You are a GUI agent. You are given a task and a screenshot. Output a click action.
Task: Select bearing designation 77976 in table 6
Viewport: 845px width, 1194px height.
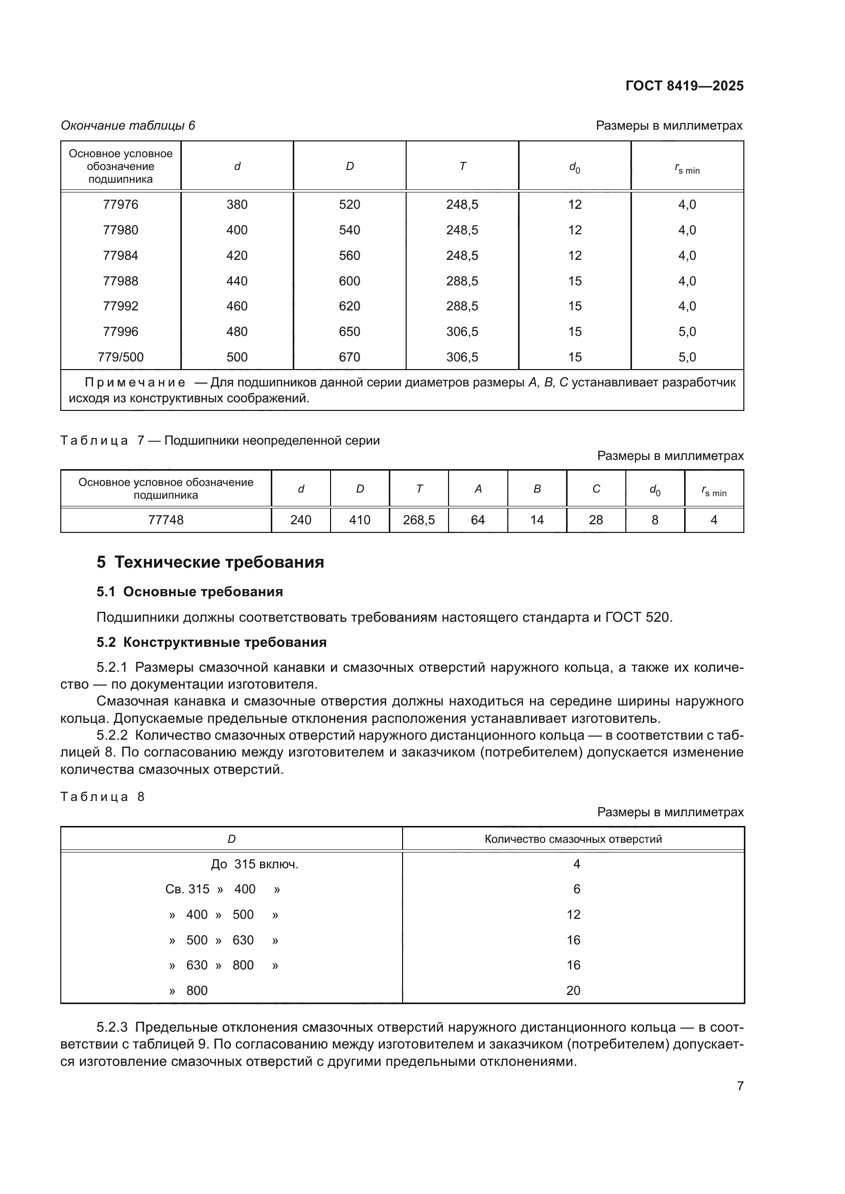click(x=120, y=204)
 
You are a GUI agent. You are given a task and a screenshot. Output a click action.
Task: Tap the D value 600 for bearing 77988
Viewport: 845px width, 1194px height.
click(x=349, y=281)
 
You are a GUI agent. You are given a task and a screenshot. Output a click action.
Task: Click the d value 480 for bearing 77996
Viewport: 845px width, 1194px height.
click(x=237, y=331)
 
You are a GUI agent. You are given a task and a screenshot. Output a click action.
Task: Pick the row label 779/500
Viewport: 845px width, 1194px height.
click(x=120, y=357)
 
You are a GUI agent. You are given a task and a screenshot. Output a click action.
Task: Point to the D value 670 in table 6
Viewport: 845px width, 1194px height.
click(x=349, y=357)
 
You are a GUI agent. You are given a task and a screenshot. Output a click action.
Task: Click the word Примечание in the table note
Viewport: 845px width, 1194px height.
click(x=135, y=383)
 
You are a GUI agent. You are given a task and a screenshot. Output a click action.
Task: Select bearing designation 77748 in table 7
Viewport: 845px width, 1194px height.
click(x=166, y=520)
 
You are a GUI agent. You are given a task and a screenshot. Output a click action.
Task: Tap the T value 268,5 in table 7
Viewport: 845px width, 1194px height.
click(x=418, y=520)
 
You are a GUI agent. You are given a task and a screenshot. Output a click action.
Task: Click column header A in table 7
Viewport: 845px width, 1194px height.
click(x=478, y=489)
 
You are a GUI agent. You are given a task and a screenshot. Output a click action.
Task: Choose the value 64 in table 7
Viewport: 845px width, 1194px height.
click(x=478, y=520)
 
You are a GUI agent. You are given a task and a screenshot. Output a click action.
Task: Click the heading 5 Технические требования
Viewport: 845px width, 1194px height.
click(x=210, y=562)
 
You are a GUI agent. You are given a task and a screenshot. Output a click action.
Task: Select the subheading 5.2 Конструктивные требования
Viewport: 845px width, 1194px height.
click(x=212, y=642)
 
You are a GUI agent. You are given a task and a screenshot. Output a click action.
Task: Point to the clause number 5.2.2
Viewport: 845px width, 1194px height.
click(x=112, y=735)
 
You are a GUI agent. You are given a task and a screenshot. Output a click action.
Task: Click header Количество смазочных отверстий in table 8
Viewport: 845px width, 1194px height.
click(x=573, y=839)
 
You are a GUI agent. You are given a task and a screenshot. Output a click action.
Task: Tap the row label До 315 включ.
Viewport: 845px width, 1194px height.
click(x=254, y=864)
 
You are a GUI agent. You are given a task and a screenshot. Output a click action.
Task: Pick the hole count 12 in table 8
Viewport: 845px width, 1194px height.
click(x=573, y=915)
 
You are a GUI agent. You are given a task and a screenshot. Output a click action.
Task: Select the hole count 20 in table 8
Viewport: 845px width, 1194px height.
click(x=573, y=991)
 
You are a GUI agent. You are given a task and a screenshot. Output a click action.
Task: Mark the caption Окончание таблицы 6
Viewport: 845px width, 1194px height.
click(x=128, y=126)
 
